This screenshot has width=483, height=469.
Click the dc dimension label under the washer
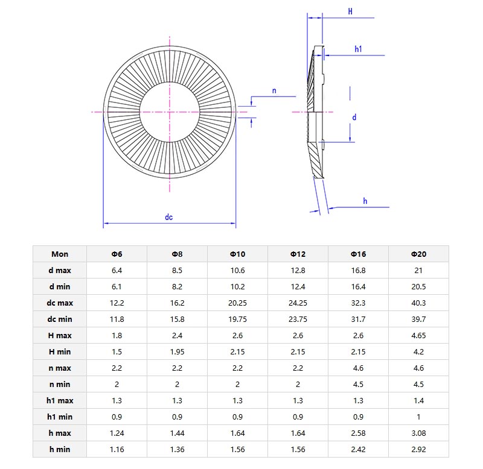(x=169, y=217)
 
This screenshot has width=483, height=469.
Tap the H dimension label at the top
(x=350, y=11)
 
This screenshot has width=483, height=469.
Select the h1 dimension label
(x=358, y=49)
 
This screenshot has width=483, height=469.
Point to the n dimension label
(x=274, y=91)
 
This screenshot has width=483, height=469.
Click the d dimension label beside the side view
(x=354, y=117)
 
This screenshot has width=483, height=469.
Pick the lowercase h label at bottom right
(x=365, y=201)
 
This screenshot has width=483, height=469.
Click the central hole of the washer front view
(x=170, y=112)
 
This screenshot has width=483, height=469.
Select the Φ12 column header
(x=298, y=254)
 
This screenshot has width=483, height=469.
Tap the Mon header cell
(x=60, y=254)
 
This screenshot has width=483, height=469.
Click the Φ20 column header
(x=418, y=254)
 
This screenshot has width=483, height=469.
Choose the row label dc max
(x=60, y=303)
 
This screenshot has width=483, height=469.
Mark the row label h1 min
(x=60, y=417)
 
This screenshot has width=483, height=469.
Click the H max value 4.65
(x=418, y=335)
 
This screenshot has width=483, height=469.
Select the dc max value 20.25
(x=237, y=303)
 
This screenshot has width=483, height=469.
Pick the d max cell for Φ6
(x=117, y=270)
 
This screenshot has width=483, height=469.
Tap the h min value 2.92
(x=418, y=449)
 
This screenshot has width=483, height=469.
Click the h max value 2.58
(x=358, y=433)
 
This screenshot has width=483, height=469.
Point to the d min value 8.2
(x=177, y=286)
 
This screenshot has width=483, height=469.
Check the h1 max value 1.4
(x=418, y=400)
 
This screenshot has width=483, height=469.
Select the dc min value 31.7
(x=358, y=319)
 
